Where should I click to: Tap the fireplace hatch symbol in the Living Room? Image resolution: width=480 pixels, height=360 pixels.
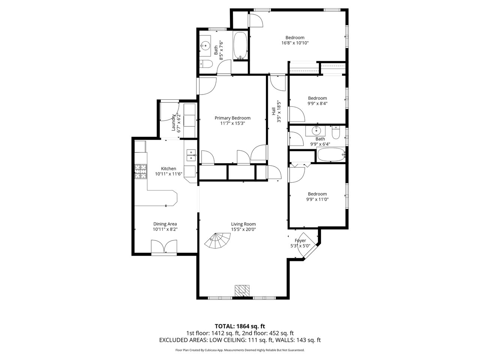pyautogui.click(x=242, y=291)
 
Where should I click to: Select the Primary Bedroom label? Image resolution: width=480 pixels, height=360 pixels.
pyautogui.click(x=232, y=118)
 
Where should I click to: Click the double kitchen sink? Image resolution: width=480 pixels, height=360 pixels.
pyautogui.click(x=191, y=155)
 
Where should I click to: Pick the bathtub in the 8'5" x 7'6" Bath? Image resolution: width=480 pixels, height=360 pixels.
pyautogui.click(x=240, y=46)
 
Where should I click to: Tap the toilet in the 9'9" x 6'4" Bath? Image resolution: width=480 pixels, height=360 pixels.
pyautogui.click(x=336, y=132)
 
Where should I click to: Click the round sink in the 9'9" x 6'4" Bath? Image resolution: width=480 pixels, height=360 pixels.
pyautogui.click(x=316, y=131)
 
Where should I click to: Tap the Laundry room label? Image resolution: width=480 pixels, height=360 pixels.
pyautogui.click(x=173, y=122)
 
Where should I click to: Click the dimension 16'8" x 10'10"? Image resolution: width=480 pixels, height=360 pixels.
pyautogui.click(x=295, y=43)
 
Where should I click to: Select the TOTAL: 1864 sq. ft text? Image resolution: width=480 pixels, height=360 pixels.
pyautogui.click(x=240, y=326)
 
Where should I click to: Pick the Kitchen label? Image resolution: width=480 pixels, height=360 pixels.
pyautogui.click(x=168, y=168)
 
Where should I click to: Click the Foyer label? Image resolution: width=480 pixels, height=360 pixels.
pyautogui.click(x=300, y=240)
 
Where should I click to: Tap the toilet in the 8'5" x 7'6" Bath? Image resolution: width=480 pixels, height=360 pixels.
pyautogui.click(x=206, y=64)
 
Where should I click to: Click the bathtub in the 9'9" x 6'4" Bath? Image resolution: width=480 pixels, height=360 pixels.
pyautogui.click(x=331, y=154)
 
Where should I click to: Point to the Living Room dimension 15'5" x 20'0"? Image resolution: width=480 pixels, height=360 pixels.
pyautogui.click(x=243, y=229)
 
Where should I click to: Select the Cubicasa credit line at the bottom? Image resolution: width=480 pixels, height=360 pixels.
pyautogui.click(x=240, y=350)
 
